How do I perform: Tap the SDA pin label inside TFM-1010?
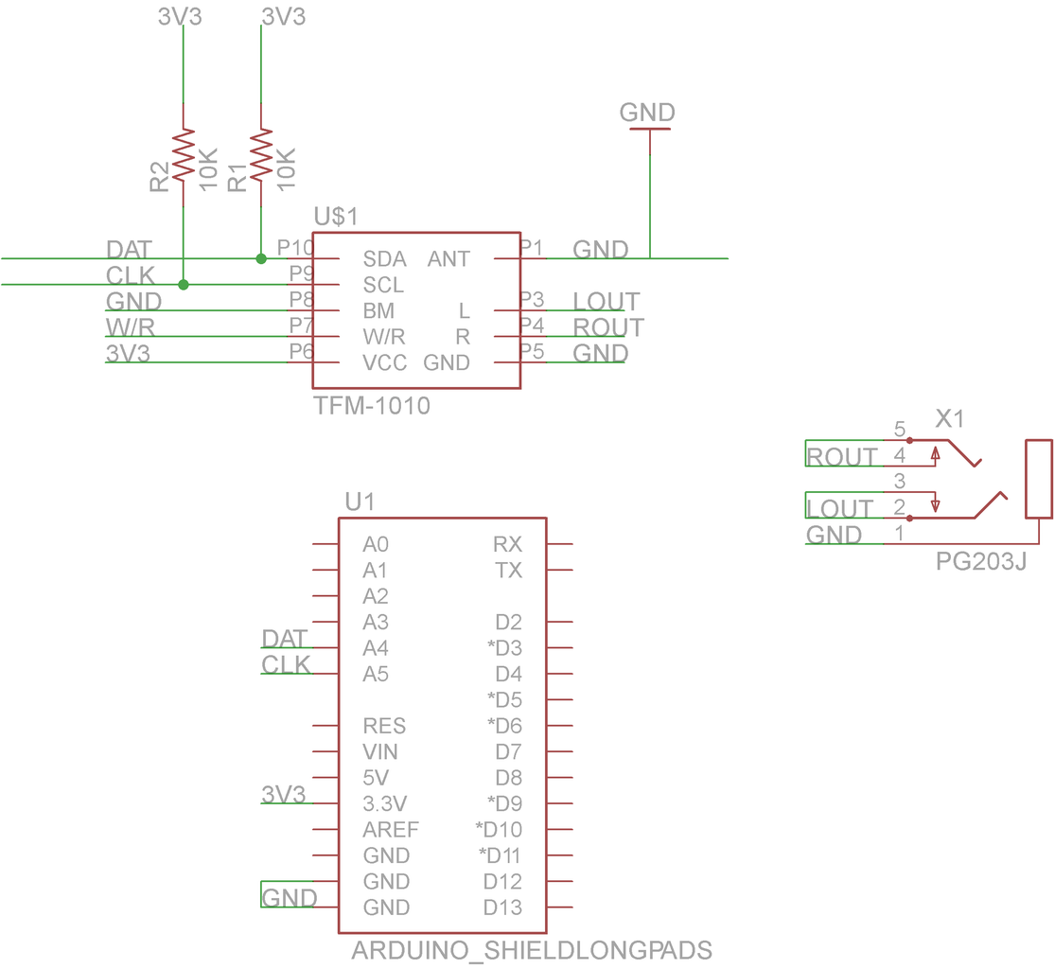[x=384, y=259]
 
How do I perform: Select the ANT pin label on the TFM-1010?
[x=448, y=259]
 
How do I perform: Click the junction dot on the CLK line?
[x=184, y=284]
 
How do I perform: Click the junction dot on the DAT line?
[x=261, y=258]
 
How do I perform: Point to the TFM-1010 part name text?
[x=372, y=407]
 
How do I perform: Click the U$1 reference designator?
[x=336, y=217]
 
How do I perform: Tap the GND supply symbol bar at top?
[x=649, y=130]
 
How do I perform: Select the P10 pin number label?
[x=295, y=247]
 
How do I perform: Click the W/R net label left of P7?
[x=131, y=327]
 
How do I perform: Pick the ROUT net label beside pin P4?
[x=608, y=327]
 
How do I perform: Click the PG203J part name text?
[x=981, y=561]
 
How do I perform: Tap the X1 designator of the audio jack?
[x=950, y=418]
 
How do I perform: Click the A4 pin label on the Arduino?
[x=376, y=648]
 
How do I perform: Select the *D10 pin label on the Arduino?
[x=499, y=830]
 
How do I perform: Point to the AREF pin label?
[x=391, y=830]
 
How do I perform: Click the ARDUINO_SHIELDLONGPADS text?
[x=532, y=950]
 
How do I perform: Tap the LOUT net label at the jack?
[x=840, y=509]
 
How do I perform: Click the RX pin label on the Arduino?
[x=507, y=544]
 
